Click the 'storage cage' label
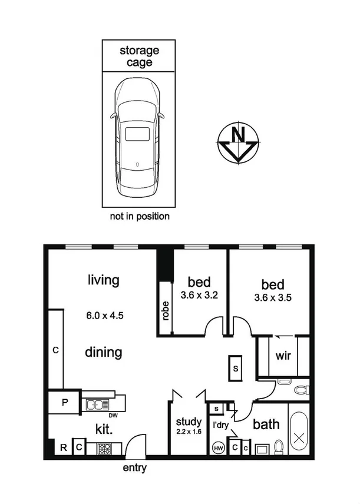coord(140,56)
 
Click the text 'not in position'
coord(140,216)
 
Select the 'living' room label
coord(103,280)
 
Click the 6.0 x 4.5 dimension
coord(104,315)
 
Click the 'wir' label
coord(282,356)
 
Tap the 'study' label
coord(189,422)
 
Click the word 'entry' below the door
coord(134,469)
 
